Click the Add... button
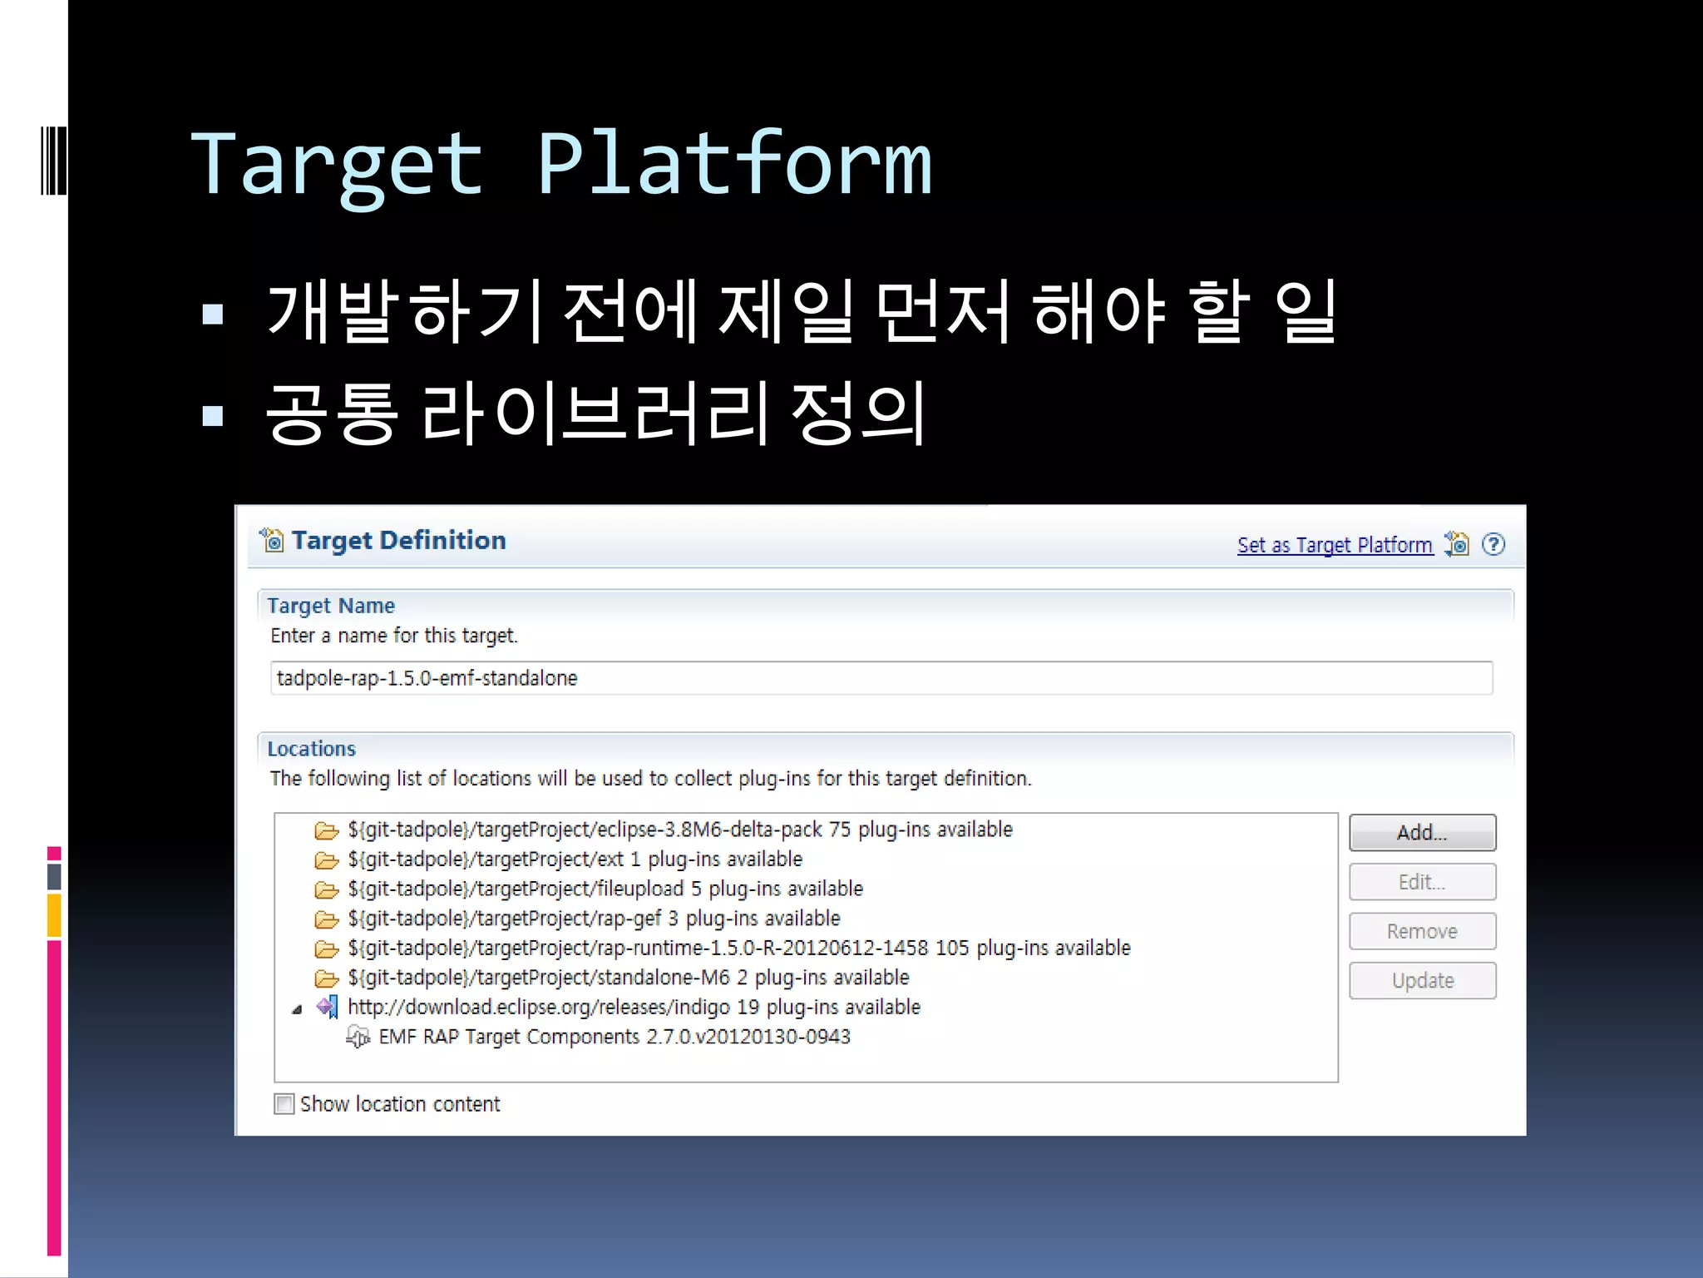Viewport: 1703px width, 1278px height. (1422, 832)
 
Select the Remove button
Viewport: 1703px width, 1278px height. (1422, 931)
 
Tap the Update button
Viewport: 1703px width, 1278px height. (1422, 980)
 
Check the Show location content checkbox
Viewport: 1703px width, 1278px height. (284, 1104)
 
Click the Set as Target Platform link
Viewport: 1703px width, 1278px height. (1335, 545)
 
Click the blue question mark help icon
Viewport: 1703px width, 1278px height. (1493, 544)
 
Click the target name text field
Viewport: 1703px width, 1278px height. (881, 678)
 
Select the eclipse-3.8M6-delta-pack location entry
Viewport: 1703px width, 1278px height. (679, 830)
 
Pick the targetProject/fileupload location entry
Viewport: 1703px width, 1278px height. (605, 889)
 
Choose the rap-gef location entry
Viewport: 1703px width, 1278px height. (594, 919)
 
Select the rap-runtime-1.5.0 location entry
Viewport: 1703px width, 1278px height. (738, 948)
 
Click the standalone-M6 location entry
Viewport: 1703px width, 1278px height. (628, 978)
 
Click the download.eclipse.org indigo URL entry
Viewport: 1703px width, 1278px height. (634, 1007)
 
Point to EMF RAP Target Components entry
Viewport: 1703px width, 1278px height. (614, 1037)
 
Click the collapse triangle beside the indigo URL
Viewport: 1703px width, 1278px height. (297, 1009)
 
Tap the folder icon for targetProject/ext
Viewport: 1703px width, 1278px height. (327, 859)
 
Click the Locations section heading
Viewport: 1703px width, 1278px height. (311, 749)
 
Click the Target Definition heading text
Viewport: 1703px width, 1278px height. (398, 541)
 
